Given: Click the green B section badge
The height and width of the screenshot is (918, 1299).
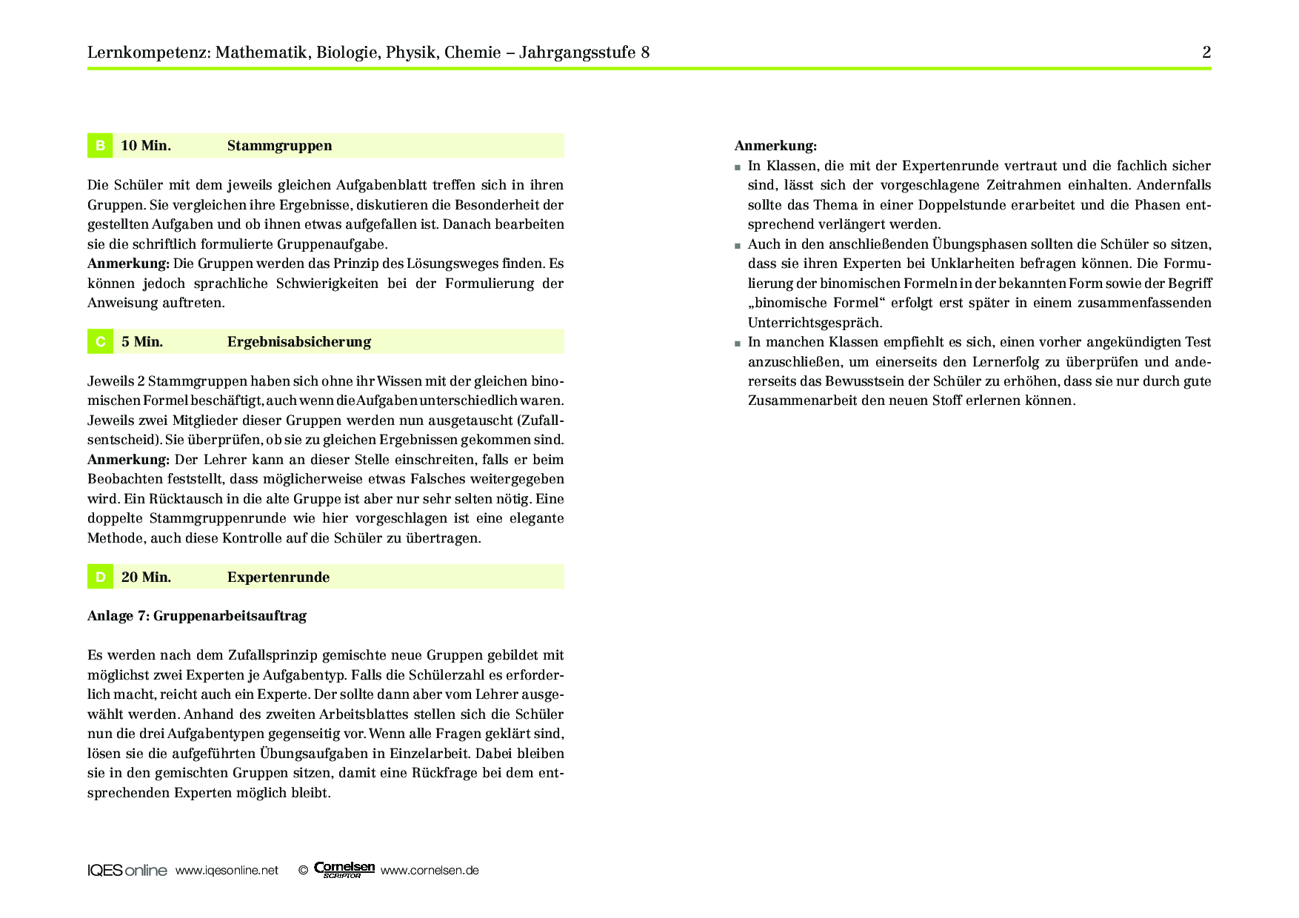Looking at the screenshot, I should tap(100, 146).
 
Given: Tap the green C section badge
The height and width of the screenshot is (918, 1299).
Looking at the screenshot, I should tap(100, 342).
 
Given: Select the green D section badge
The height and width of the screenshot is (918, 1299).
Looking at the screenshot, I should tap(100, 577).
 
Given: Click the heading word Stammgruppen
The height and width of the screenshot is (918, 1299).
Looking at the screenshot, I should tap(279, 146).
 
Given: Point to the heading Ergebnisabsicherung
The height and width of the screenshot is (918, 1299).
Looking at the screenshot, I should tap(298, 342).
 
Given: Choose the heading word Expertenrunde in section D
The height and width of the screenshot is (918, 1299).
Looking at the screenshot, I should tap(278, 577).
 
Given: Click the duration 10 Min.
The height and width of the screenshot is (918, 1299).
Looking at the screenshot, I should tap(146, 146).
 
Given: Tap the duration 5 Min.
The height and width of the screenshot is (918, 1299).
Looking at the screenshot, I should tap(142, 342).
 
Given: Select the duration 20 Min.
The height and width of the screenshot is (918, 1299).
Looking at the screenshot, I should tap(146, 577).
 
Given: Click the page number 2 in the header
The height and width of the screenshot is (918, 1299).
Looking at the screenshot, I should tap(1206, 53).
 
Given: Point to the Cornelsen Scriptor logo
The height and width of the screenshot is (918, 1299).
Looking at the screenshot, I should tap(344, 870).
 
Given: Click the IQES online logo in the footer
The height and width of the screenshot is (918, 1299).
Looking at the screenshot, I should tap(127, 871).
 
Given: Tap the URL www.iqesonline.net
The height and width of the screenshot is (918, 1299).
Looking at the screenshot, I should tap(227, 871).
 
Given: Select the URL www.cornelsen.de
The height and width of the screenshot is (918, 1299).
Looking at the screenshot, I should tap(430, 871).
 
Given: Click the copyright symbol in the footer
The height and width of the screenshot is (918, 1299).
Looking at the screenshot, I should tap(303, 871).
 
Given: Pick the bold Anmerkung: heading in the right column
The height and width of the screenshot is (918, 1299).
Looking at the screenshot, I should tap(775, 146).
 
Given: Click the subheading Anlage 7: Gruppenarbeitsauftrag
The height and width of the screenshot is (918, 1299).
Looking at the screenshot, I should tap(196, 616).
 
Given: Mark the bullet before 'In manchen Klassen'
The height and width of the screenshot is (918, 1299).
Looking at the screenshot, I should tap(738, 344).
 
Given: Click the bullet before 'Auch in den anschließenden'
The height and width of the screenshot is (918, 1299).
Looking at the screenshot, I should tap(738, 246).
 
